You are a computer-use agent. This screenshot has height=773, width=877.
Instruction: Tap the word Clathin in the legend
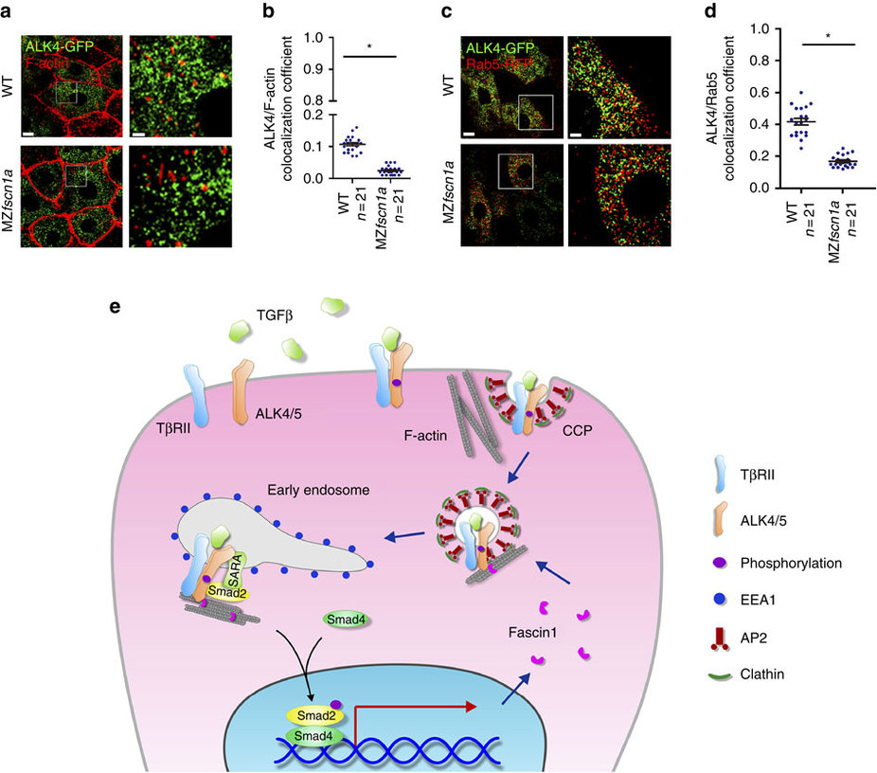point(765,674)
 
